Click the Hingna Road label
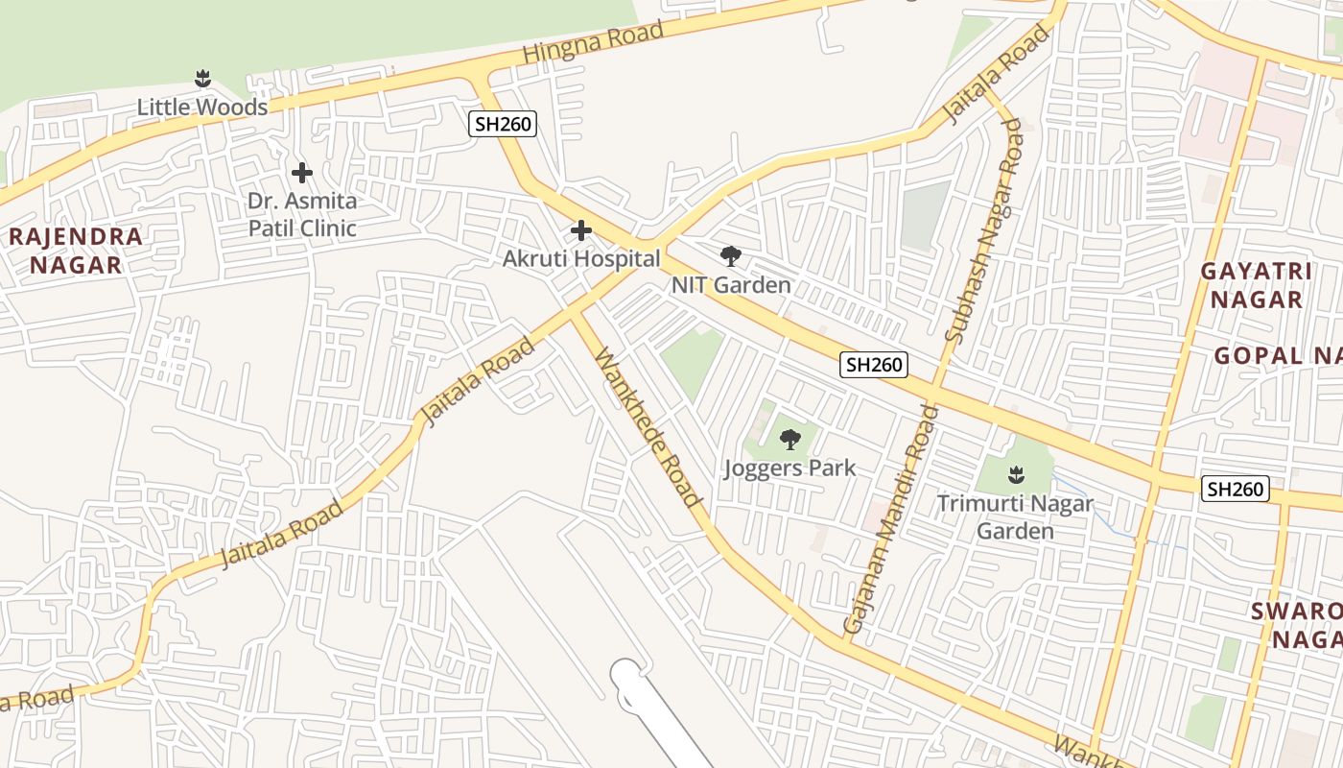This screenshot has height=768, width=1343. click(x=593, y=44)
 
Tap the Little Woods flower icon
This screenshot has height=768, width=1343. click(x=202, y=79)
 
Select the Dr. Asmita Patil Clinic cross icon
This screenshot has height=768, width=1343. click(x=302, y=173)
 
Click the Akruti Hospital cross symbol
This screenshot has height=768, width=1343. click(x=581, y=230)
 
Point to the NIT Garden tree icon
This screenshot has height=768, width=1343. click(x=731, y=256)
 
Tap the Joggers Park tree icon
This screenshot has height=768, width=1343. click(x=789, y=440)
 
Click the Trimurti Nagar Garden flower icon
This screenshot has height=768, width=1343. click(x=1015, y=474)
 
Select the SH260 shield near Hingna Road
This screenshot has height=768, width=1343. click(x=503, y=123)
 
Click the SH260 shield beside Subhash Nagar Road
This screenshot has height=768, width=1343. click(x=873, y=365)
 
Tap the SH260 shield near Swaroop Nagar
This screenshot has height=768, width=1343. click(x=1236, y=489)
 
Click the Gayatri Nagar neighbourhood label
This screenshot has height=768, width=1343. click(x=1256, y=285)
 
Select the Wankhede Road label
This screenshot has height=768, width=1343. click(x=648, y=427)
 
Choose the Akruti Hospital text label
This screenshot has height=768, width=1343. click(x=581, y=259)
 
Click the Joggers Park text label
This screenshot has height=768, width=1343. click(x=789, y=468)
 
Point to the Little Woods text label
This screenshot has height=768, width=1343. click(x=202, y=107)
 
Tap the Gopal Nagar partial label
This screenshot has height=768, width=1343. click(x=1278, y=356)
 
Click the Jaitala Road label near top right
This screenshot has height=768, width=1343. click(x=997, y=75)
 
